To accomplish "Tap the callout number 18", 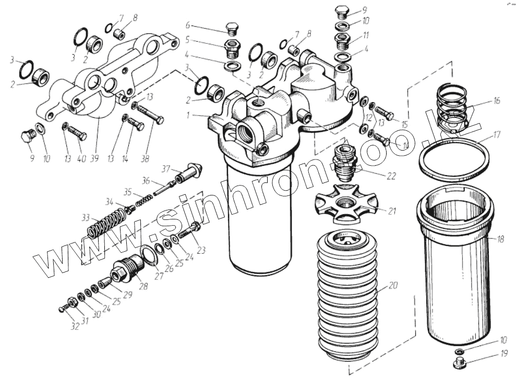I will (x=500, y=240).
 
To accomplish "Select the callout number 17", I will (x=497, y=134).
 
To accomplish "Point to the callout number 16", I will (x=496, y=101).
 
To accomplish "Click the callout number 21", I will (x=392, y=211).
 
